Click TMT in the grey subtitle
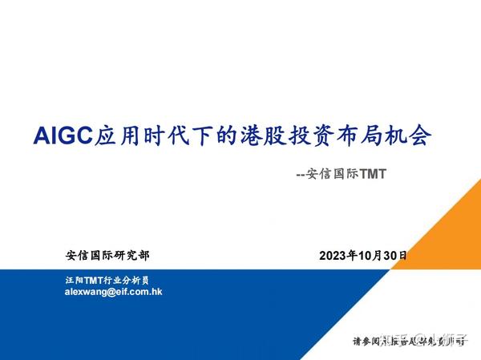[x=372, y=173]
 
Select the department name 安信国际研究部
[x=107, y=256]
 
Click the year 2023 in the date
[x=333, y=257]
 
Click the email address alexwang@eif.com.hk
[x=113, y=293]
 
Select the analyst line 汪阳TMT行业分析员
[x=107, y=281]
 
